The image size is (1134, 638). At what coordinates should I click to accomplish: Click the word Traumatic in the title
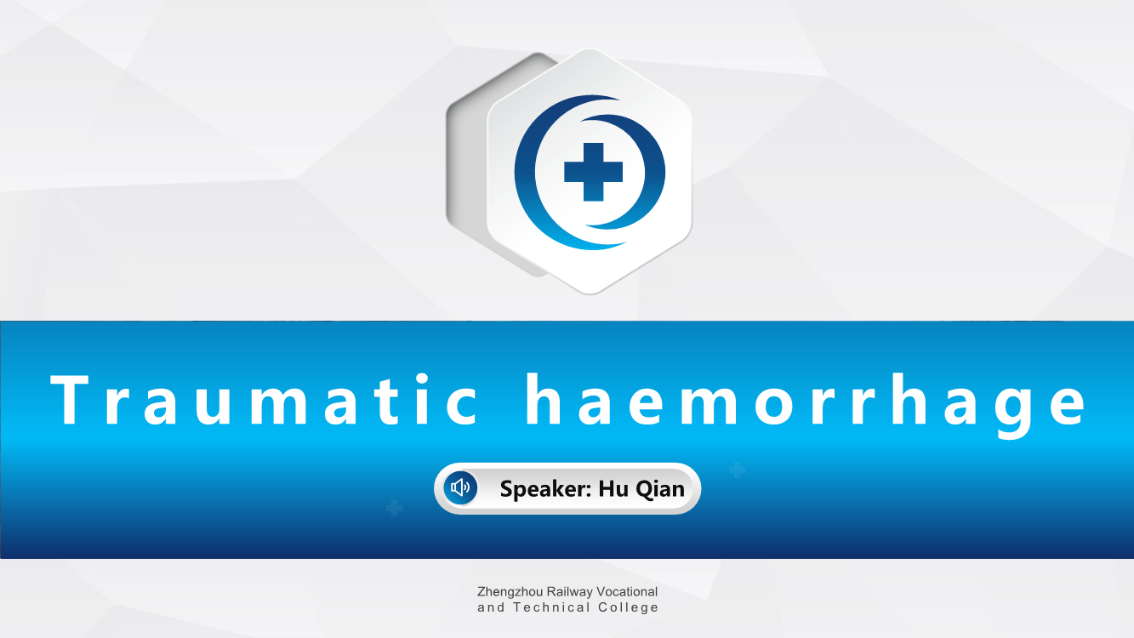point(265,399)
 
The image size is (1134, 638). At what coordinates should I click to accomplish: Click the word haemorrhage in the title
point(806,404)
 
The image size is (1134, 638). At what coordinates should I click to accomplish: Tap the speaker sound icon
point(460,487)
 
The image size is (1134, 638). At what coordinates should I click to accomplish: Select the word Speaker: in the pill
point(546,489)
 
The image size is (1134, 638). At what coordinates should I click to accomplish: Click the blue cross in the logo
point(593,172)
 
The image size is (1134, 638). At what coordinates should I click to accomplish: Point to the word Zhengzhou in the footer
point(510,592)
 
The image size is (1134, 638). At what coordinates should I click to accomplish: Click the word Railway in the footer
point(569,592)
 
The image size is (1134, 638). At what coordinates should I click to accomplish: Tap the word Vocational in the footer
point(627,591)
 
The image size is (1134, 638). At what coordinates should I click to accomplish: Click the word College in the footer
point(628,608)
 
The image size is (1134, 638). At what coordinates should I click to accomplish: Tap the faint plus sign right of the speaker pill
point(737,470)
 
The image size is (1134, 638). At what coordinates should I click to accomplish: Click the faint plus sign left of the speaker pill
point(395,508)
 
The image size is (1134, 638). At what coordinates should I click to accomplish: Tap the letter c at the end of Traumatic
point(462,406)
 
